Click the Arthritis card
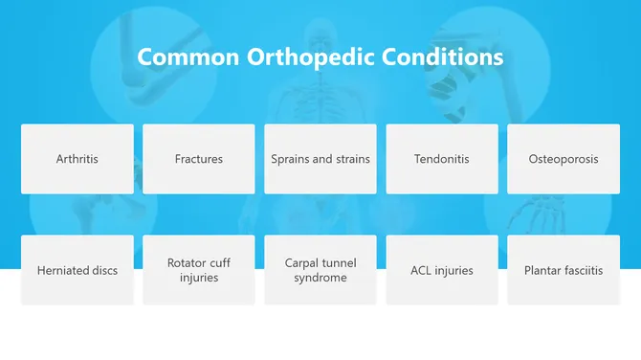coord(77,159)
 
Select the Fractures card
coord(199,159)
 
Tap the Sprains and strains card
coord(320,159)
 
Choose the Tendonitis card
coord(442,159)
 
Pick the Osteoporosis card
coord(564,159)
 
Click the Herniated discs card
coord(77,270)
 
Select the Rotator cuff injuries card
coord(199,270)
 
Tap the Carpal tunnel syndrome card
coord(320,270)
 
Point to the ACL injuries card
coord(442,270)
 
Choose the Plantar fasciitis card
coord(564,270)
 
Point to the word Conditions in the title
coord(443,56)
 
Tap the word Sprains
coord(290,159)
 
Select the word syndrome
coord(320,278)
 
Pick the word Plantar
coord(542,270)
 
